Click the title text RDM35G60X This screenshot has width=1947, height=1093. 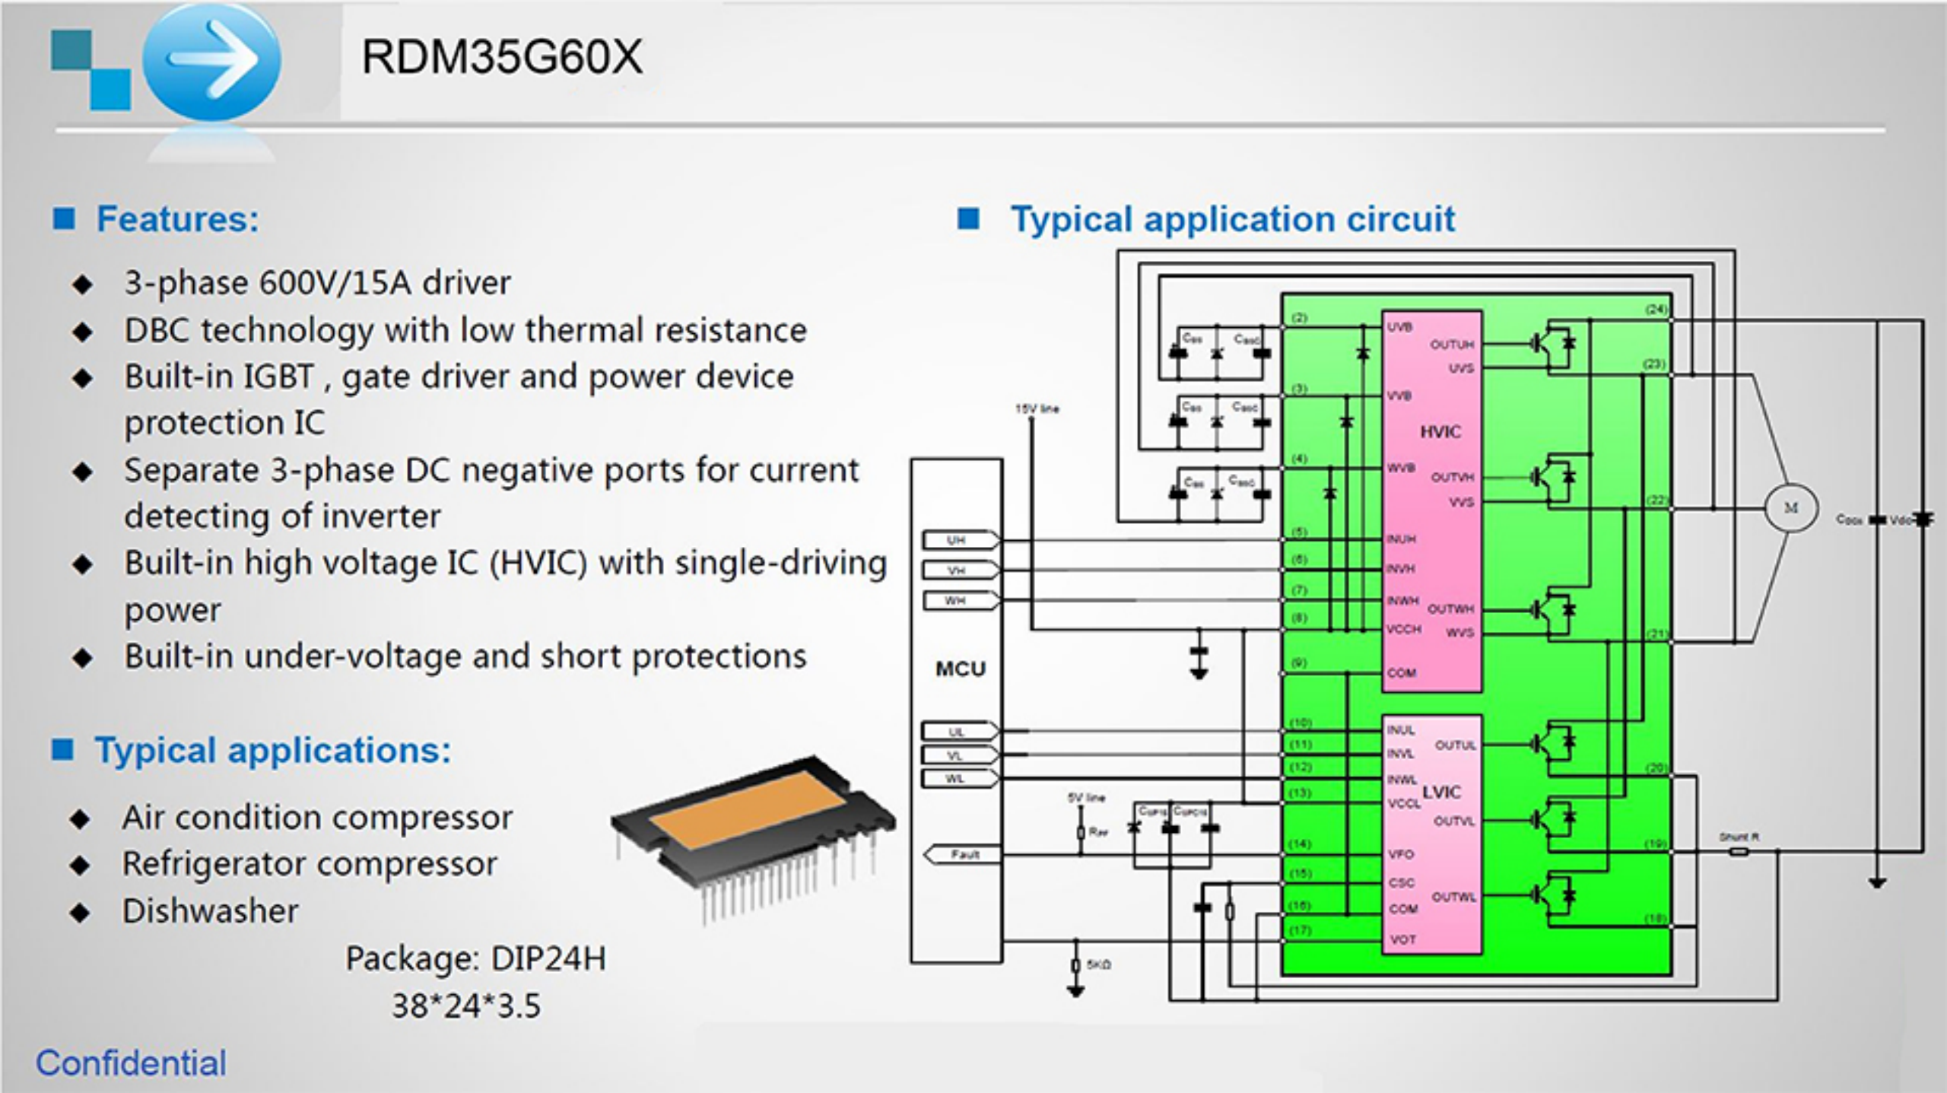coord(502,57)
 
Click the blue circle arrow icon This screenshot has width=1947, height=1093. coord(211,61)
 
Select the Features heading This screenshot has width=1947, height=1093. coord(177,220)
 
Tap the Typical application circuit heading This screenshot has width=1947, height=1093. coord(1232,220)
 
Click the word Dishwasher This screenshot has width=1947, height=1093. coord(211,911)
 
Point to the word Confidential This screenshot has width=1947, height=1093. coord(131,1063)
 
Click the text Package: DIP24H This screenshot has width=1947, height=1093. coord(476,958)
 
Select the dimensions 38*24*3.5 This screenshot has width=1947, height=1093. coord(466,1006)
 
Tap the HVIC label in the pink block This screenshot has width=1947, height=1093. coord(1440,432)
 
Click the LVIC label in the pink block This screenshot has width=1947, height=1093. coord(1441,793)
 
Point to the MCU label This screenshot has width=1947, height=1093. coord(960,669)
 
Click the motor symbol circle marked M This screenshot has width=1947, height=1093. coord(1791,508)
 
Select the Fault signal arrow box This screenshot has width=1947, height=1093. coord(963,855)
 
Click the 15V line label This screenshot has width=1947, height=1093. coord(1037,409)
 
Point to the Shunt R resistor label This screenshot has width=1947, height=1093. coord(1739,837)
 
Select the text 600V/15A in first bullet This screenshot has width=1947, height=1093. coord(336,283)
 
